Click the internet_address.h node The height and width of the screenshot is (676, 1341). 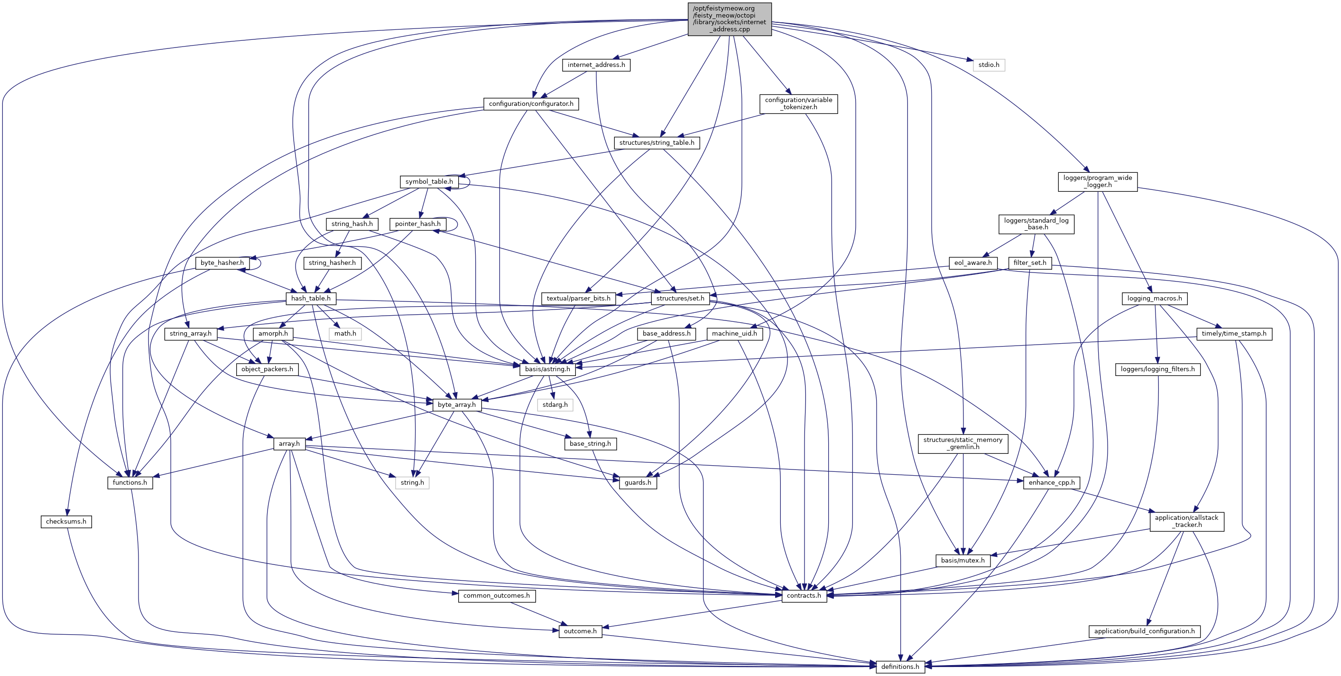pyautogui.click(x=596, y=65)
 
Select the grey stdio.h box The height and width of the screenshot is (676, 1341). pyautogui.click(x=988, y=65)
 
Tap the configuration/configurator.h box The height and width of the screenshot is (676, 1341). pyautogui.click(x=531, y=104)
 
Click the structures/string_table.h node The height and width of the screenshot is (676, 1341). pyautogui.click(x=657, y=143)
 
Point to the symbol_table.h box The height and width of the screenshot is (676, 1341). pyautogui.click(x=429, y=182)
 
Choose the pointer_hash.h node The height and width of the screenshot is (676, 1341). pyautogui.click(x=417, y=224)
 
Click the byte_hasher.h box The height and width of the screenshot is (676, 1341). pyautogui.click(x=222, y=263)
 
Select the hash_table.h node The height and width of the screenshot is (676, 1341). pyautogui.click(x=311, y=299)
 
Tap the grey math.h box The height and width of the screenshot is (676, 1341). pyautogui.click(x=345, y=333)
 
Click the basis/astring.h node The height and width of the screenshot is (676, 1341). pyautogui.click(x=547, y=369)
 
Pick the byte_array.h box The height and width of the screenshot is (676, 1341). pyautogui.click(x=456, y=404)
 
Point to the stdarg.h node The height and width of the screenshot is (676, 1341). pyautogui.click(x=555, y=404)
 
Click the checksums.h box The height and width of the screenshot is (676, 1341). pyautogui.click(x=66, y=521)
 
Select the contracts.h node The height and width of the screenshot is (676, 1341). pyautogui.click(x=804, y=596)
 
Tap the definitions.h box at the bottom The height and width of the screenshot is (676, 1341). pyautogui.click(x=900, y=667)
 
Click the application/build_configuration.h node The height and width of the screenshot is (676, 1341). pyautogui.click(x=1144, y=631)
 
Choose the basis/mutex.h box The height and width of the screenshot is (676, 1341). pyautogui.click(x=962, y=560)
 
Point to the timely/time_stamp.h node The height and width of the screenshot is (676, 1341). pyautogui.click(x=1234, y=333)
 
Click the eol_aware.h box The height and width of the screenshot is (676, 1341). pyautogui.click(x=973, y=263)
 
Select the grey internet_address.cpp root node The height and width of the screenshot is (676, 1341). pyautogui.click(x=730, y=19)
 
